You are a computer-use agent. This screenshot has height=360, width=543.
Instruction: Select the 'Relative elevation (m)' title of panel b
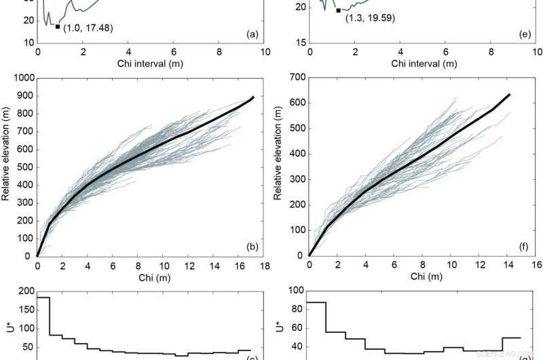click(x=6, y=166)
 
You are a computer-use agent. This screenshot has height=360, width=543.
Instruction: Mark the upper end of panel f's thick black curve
click(x=510, y=94)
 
